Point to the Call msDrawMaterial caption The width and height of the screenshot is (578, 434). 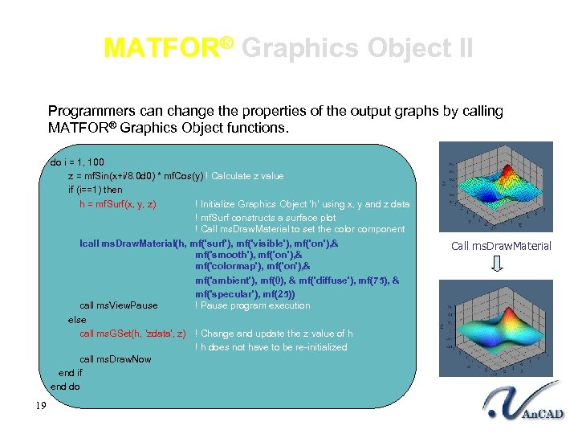click(x=501, y=246)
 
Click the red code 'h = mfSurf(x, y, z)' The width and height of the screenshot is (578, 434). click(x=117, y=204)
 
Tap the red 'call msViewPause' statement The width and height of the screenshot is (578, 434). click(x=119, y=305)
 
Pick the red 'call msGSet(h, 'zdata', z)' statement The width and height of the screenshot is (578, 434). click(x=133, y=334)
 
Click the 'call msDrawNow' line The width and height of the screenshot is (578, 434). click(x=116, y=359)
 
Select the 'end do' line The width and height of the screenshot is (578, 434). click(x=66, y=387)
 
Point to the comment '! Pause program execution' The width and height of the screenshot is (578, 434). click(x=252, y=305)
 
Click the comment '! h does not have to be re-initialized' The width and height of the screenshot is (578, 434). click(x=271, y=347)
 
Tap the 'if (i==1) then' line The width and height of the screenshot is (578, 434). click(x=96, y=190)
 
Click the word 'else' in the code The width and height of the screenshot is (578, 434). click(x=77, y=320)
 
